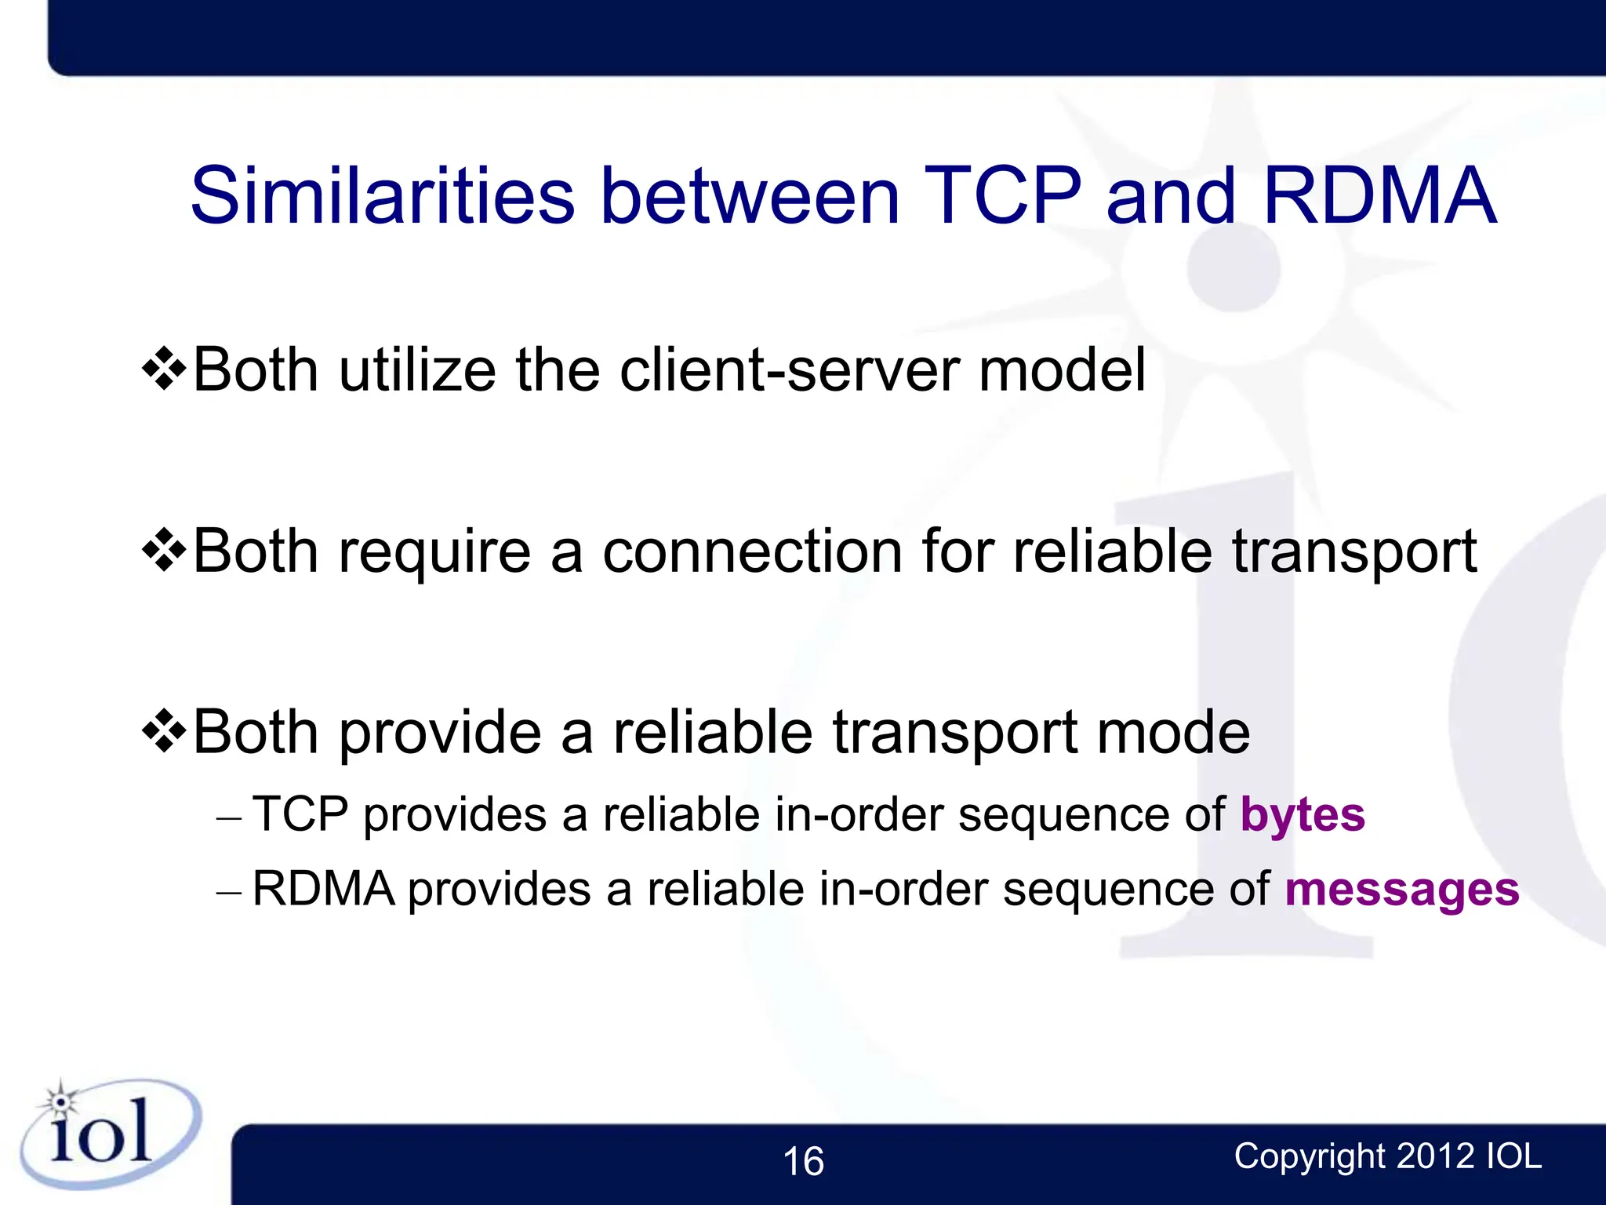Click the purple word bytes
(1303, 816)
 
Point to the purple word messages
(1401, 890)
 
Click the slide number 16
(803, 1162)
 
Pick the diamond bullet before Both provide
(164, 731)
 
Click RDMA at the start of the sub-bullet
(323, 890)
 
